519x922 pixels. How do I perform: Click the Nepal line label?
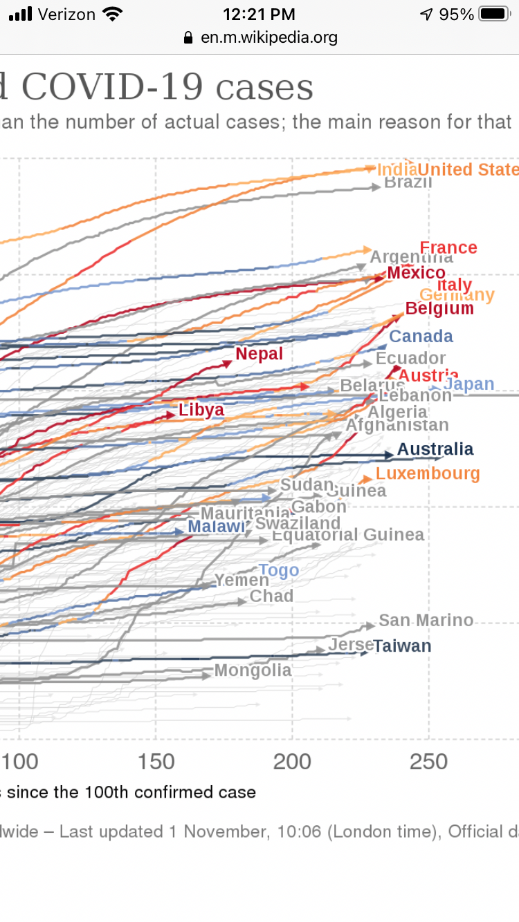(x=259, y=354)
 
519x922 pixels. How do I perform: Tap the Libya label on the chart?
(x=201, y=410)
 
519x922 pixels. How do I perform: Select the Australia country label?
(x=435, y=449)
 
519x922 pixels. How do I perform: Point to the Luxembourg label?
(x=428, y=473)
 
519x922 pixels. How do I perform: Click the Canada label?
(x=421, y=337)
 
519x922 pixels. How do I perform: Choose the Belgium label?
(x=439, y=308)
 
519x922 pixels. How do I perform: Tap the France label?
(x=448, y=247)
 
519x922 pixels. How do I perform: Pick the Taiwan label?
(x=402, y=646)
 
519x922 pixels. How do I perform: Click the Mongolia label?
(x=253, y=670)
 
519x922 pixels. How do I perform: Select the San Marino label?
(x=426, y=620)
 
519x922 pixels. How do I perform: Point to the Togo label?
(x=279, y=570)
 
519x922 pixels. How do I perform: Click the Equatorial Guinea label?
(x=348, y=535)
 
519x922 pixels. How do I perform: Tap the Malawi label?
(x=217, y=527)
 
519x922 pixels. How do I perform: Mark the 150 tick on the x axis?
(x=156, y=762)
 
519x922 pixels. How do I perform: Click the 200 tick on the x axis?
(x=292, y=762)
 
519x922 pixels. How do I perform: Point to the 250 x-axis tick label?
(x=428, y=762)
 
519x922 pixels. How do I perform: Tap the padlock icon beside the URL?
(x=188, y=37)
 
